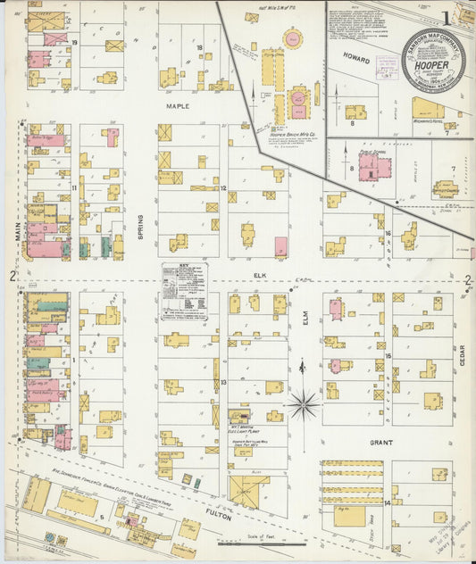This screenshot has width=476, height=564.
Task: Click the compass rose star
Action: point(303,405)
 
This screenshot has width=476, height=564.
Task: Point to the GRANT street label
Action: point(379,442)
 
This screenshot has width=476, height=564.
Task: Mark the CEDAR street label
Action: point(463,357)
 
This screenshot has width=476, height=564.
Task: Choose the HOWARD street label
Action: point(356,55)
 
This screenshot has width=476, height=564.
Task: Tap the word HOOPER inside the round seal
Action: point(432,65)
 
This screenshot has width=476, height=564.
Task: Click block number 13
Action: point(223,382)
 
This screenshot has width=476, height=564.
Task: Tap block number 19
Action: point(76,42)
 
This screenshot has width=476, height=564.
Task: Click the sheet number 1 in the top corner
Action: point(446,18)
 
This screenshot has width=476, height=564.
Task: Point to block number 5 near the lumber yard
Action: point(102,516)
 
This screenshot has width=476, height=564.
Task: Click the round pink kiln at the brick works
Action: point(293,38)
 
